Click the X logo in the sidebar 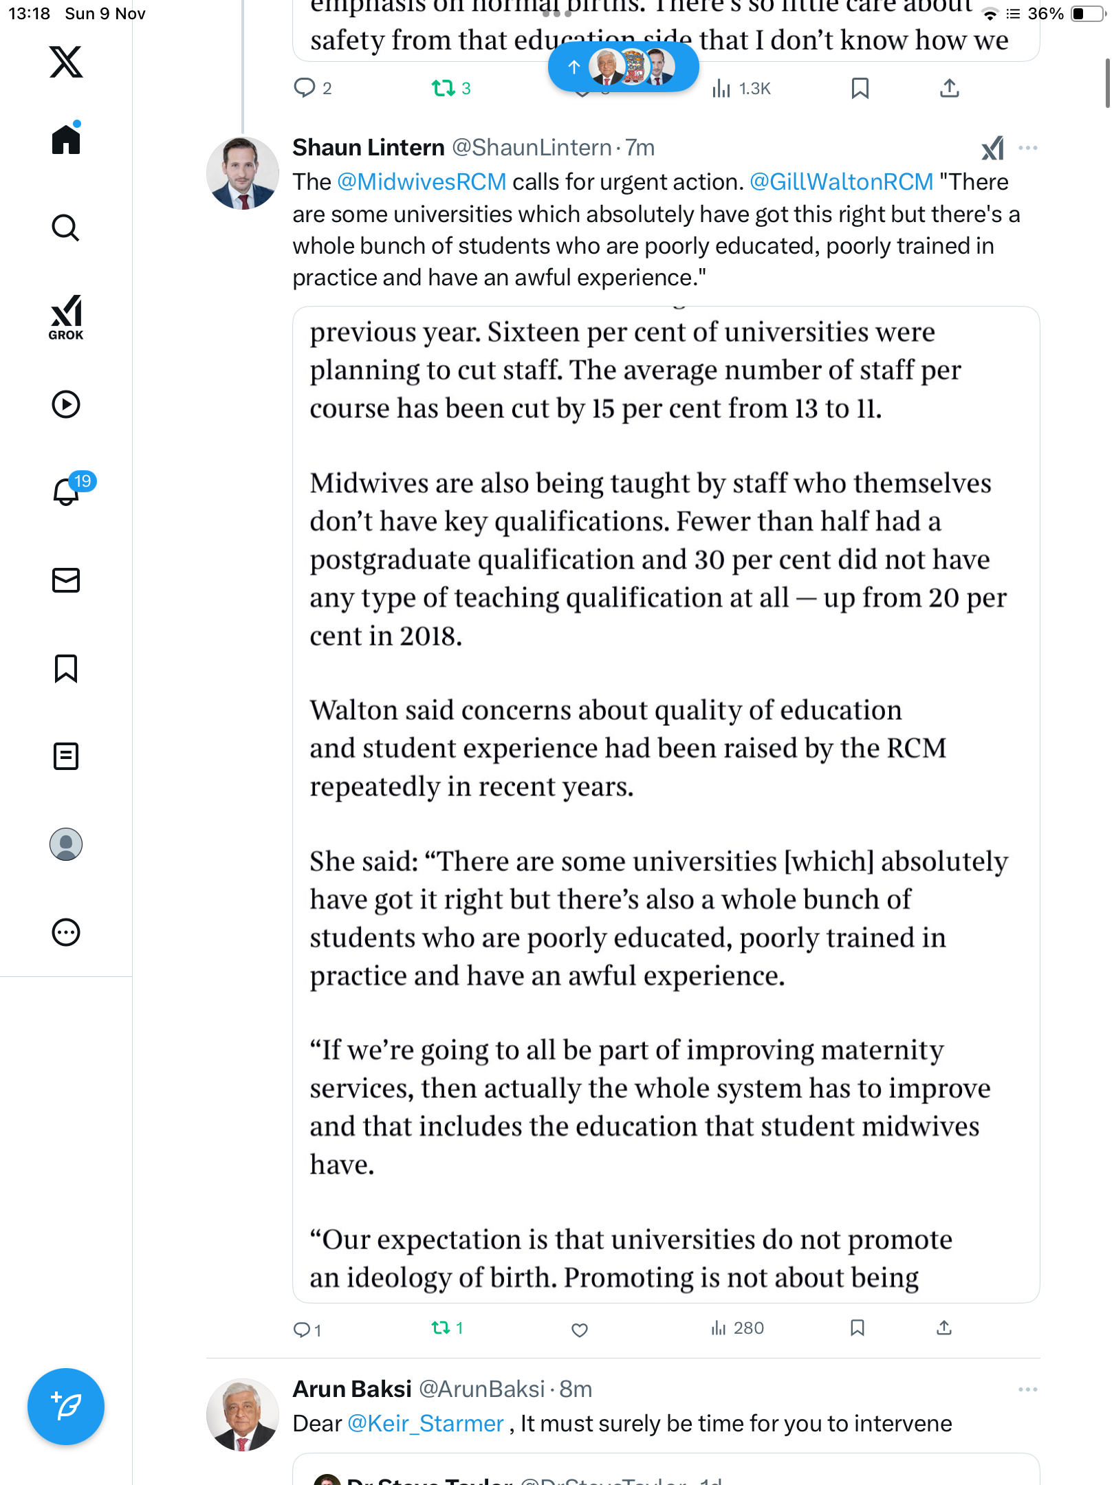point(66,62)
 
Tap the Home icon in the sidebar point(66,140)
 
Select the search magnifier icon point(66,228)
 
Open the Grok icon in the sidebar point(66,317)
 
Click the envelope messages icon point(66,580)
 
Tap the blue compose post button point(66,1406)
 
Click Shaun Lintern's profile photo point(242,173)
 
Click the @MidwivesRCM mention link point(422,182)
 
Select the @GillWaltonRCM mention point(841,182)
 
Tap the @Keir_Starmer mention point(426,1423)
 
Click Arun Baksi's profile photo point(242,1414)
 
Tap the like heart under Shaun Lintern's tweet point(580,1330)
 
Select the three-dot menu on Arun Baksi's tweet point(1027,1389)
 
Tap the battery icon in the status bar point(1086,14)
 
